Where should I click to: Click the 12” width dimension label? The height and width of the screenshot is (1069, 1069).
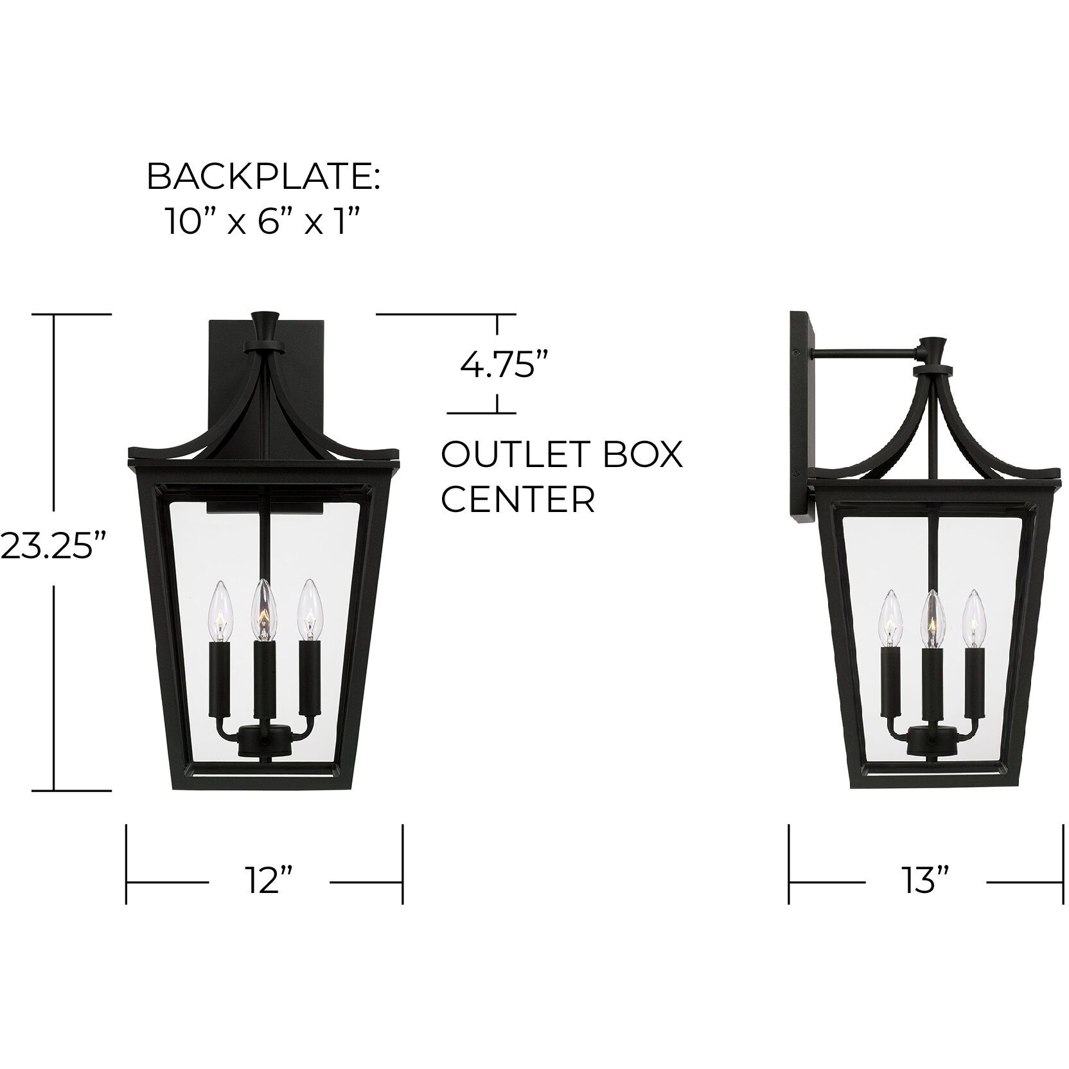point(268,880)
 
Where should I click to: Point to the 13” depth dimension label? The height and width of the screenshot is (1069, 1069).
point(926,880)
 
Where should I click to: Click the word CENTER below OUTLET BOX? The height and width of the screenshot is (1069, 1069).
point(518,499)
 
